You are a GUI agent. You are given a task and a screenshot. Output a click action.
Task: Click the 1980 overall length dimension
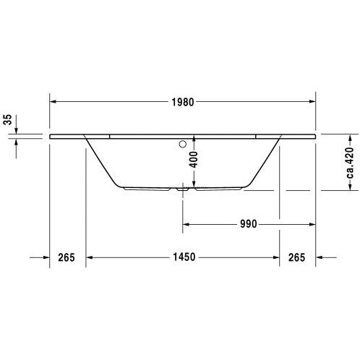pyautogui.click(x=183, y=102)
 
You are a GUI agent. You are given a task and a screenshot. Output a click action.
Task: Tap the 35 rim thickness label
pyautogui.click(x=8, y=119)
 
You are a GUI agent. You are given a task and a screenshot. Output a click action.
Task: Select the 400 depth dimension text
pyautogui.click(x=193, y=160)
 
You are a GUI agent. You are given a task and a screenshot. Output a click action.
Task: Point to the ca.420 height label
pyautogui.click(x=350, y=163)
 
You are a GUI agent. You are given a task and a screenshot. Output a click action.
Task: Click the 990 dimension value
pyautogui.click(x=249, y=224)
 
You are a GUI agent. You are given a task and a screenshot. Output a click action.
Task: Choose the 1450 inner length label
pyautogui.click(x=184, y=257)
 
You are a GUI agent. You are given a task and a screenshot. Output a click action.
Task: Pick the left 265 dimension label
pyautogui.click(x=67, y=257)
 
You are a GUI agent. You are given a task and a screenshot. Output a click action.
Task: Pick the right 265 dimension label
pyautogui.click(x=297, y=257)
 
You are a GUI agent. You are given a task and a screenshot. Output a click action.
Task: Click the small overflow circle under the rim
pyautogui.click(x=183, y=144)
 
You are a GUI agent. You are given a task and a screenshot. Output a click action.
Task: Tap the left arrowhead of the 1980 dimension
pyautogui.click(x=53, y=101)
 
